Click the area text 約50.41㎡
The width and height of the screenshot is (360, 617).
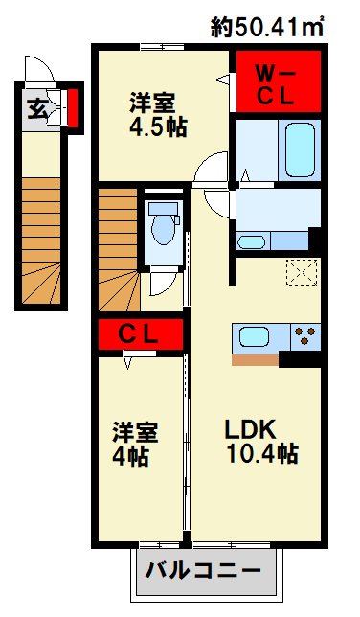(267, 27)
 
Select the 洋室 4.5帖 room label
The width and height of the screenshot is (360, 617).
(158, 115)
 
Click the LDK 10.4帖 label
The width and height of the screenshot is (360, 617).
(261, 441)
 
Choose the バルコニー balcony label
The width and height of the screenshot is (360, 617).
(203, 570)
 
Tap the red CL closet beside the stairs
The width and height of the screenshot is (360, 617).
(141, 334)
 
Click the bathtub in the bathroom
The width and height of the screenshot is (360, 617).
(300, 149)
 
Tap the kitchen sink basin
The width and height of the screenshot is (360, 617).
(254, 337)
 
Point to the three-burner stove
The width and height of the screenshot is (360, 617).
(305, 336)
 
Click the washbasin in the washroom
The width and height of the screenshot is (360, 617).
(252, 242)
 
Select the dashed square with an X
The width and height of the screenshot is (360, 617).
(302, 272)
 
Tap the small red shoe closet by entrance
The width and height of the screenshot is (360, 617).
(73, 107)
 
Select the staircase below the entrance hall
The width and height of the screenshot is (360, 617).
(41, 240)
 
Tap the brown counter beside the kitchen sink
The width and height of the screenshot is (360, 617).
(256, 359)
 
